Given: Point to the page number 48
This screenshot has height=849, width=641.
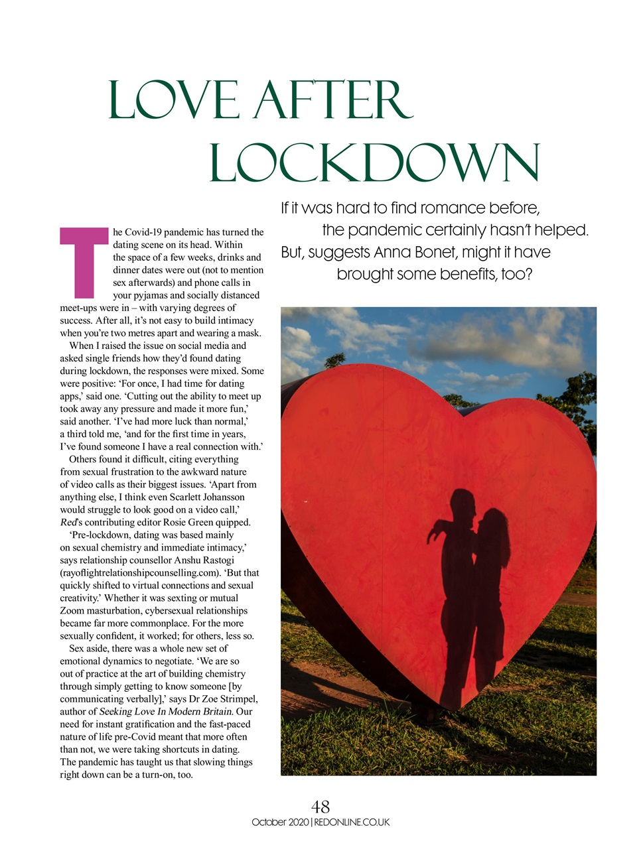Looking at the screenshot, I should click(320, 807).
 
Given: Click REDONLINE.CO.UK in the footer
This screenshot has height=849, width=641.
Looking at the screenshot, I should click(352, 822).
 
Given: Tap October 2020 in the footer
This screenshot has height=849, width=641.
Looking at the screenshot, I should click(280, 822).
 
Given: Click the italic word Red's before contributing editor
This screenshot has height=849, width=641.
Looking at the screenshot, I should click(70, 522).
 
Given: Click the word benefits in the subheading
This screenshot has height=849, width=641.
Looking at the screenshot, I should click(466, 274).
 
